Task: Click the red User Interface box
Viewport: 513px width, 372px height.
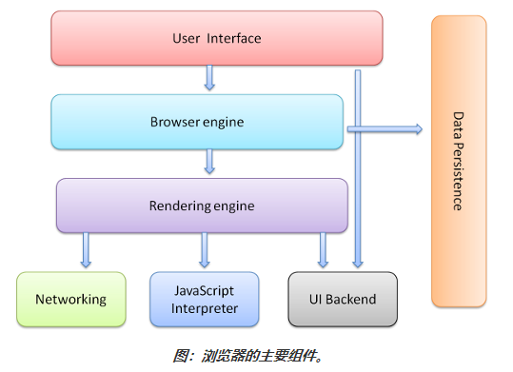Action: (217, 39)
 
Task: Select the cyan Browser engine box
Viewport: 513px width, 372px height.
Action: (197, 122)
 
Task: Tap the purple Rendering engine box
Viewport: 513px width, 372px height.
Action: (202, 205)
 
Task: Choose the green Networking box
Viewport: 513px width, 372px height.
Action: (71, 299)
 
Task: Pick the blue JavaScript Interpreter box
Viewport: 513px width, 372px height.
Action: (204, 299)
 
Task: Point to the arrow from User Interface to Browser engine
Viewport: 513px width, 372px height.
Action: (209, 77)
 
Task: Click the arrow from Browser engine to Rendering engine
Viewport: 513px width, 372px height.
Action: (209, 162)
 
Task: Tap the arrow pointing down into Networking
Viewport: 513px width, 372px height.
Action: (87, 250)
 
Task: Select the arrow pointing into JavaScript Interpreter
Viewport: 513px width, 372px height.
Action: (204, 250)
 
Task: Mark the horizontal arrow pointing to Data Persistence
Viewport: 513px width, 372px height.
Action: (385, 128)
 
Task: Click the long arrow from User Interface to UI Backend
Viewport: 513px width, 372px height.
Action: (357, 171)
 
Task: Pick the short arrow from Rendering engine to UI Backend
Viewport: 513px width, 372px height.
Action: (323, 250)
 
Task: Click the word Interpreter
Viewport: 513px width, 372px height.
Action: (204, 307)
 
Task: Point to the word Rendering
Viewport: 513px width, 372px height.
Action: (178, 205)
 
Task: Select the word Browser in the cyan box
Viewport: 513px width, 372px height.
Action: (173, 122)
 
